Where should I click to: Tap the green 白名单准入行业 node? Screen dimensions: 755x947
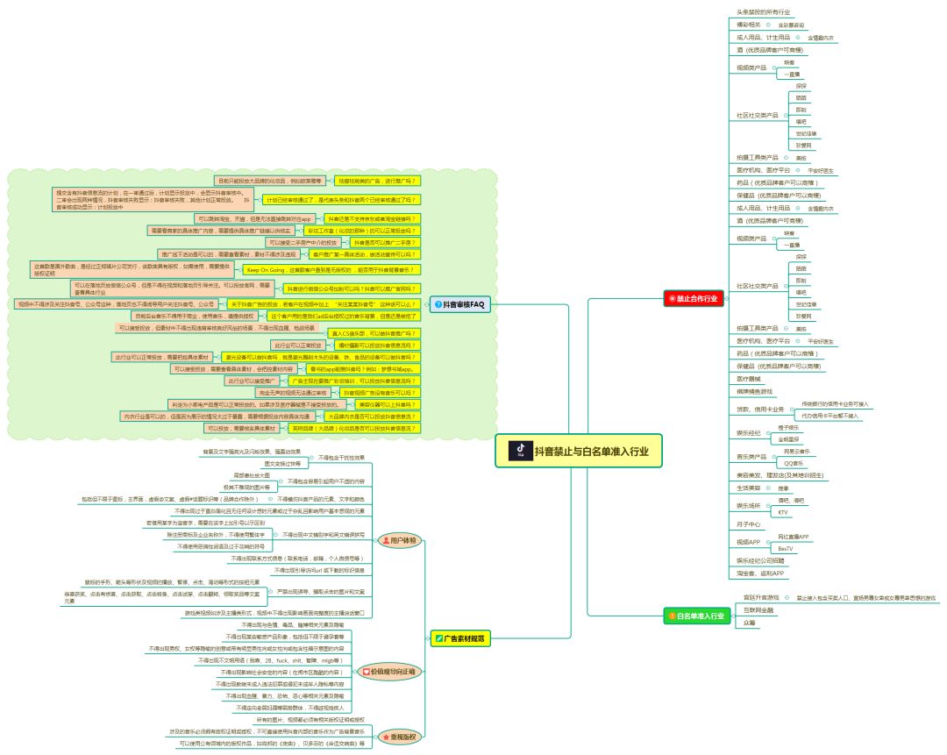coord(696,616)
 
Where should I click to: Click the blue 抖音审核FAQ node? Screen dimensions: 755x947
coord(459,304)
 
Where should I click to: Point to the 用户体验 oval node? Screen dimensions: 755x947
coord(401,540)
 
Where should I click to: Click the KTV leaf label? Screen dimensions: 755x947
coord(784,511)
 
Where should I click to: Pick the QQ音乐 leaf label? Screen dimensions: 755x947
coord(793,462)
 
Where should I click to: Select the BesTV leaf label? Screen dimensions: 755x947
coord(786,548)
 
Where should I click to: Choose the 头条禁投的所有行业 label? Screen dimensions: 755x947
coord(763,12)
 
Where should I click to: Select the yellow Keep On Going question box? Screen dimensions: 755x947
coord(330,270)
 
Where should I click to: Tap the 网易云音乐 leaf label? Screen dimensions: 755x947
coord(796,451)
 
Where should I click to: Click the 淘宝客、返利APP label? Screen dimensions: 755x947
coord(759,573)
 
